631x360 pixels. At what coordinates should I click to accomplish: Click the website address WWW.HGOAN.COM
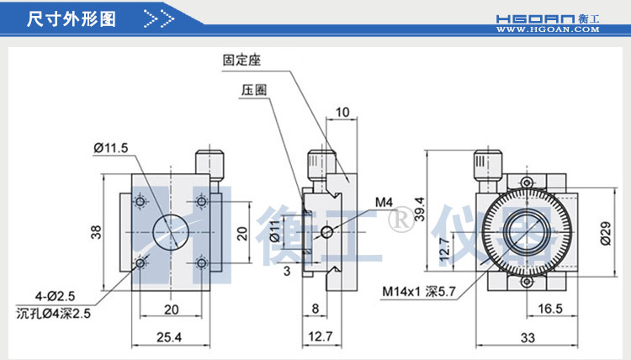[x=547, y=29]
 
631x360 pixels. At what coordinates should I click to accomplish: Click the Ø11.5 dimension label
[x=111, y=148]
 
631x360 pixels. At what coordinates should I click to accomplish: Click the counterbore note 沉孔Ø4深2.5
[x=53, y=314]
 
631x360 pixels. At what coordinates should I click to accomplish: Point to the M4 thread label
[x=384, y=202]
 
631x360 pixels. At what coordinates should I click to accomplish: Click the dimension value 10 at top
[x=342, y=112]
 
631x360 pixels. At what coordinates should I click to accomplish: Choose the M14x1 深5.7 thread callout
[x=418, y=292]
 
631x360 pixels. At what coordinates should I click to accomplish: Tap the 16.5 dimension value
[x=549, y=309]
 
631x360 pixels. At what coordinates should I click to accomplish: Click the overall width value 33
[x=528, y=338]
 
